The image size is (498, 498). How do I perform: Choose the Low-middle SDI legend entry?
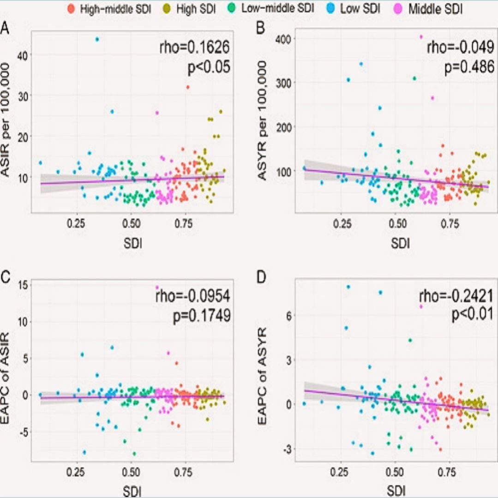(x=273, y=9)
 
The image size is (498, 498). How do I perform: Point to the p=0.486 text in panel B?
(x=469, y=67)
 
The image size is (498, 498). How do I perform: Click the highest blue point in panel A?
(x=97, y=39)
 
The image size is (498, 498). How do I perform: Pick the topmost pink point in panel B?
(x=420, y=36)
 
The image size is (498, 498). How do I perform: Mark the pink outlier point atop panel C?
(x=157, y=287)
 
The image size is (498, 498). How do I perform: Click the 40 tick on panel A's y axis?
(x=23, y=54)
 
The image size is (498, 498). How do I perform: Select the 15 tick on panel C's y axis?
(x=22, y=285)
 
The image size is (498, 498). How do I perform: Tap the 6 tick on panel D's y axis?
(x=292, y=315)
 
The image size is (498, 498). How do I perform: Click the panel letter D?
(x=261, y=280)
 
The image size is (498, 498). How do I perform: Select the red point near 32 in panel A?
(x=187, y=87)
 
